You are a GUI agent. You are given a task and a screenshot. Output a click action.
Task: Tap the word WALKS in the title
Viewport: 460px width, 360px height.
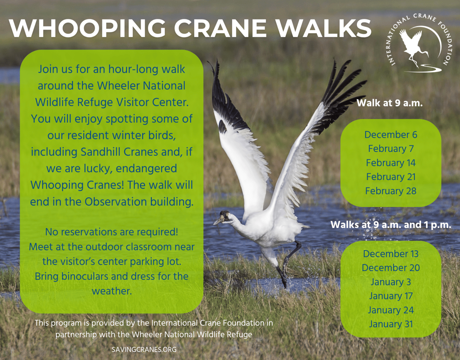tap(323, 28)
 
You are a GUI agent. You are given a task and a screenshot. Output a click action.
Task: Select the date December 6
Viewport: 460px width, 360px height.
tap(391, 135)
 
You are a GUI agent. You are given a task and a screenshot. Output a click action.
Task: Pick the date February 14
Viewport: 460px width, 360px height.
tap(391, 163)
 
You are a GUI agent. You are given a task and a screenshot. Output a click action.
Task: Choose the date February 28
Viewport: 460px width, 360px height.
tap(391, 191)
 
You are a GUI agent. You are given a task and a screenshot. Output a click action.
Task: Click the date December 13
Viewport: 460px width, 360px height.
tap(391, 254)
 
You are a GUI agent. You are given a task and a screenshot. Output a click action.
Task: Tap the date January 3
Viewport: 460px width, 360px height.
tap(391, 282)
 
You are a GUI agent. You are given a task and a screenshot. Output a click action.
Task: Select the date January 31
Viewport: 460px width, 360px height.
tap(391, 324)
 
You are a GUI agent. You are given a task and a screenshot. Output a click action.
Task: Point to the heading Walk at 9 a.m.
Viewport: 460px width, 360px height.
tap(390, 103)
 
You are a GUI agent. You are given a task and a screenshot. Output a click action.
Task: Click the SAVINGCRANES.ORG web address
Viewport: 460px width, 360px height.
tap(144, 349)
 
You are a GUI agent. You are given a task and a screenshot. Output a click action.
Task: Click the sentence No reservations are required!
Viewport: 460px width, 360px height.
tap(111, 232)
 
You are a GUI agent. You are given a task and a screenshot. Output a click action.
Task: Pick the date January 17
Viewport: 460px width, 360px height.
tap(391, 296)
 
